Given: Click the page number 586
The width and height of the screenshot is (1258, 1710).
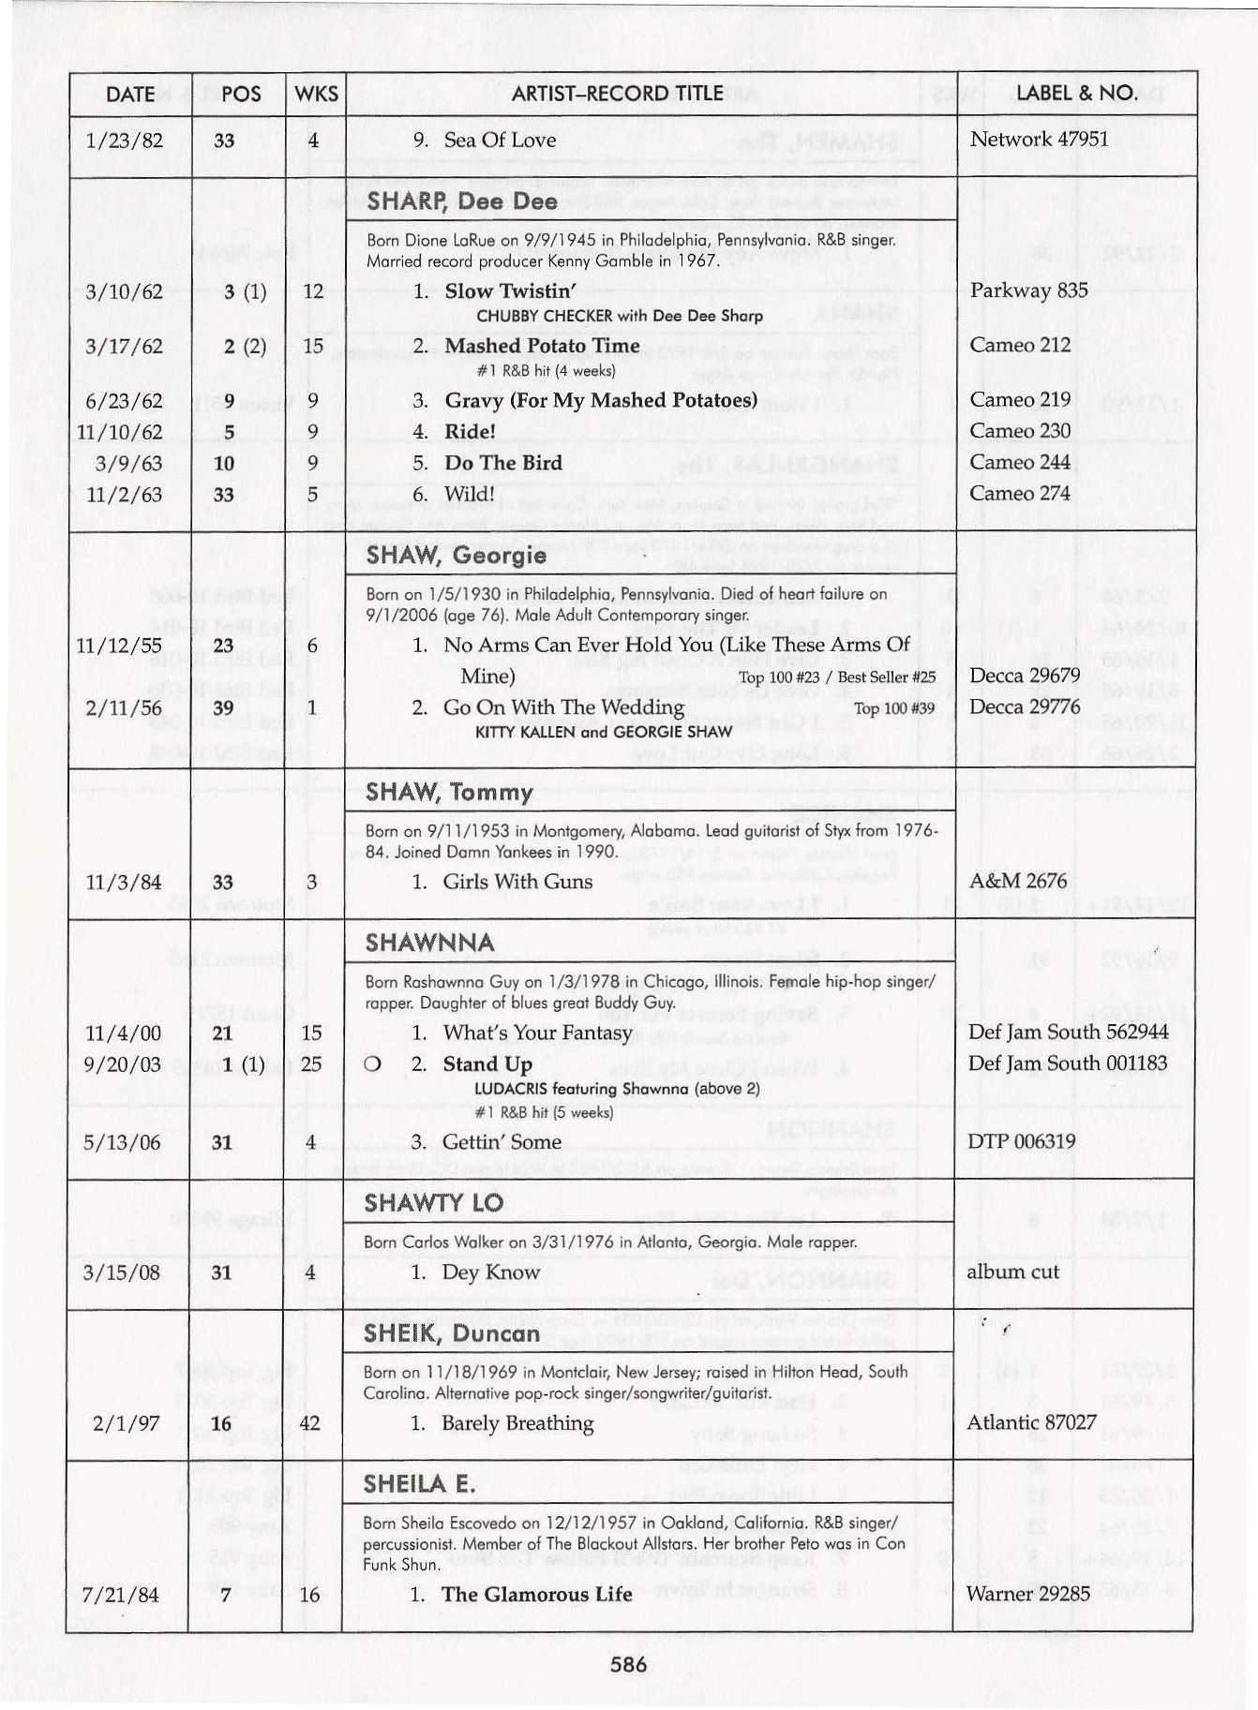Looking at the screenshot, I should coord(628,1664).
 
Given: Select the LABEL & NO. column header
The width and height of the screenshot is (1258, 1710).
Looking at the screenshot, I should coord(1076,94).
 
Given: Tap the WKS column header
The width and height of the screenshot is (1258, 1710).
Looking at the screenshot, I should coord(316,94).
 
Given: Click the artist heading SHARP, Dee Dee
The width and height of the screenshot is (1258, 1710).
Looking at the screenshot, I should coord(461,201).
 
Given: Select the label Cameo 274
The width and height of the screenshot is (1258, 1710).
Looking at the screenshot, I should coord(1020,494).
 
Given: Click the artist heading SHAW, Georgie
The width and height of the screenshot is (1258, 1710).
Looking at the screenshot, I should coord(456,556).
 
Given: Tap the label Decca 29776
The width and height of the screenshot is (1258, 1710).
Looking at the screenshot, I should coord(1025,706).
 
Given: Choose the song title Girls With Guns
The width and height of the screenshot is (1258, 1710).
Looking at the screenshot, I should coord(517,882).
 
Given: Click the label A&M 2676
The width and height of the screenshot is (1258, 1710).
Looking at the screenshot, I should coord(1018,881).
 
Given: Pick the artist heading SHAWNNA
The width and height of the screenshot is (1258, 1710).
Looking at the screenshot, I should coord(429,943).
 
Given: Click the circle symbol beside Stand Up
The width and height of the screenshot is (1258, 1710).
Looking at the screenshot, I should coord(372,1064).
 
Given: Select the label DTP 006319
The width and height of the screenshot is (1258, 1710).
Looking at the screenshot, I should coord(1021,1141).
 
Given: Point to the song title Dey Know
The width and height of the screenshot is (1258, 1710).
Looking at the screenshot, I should coord(491,1272).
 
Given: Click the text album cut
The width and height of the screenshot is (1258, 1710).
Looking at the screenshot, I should coord(1012,1271).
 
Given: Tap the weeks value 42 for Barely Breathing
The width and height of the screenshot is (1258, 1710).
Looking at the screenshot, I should coord(309,1423).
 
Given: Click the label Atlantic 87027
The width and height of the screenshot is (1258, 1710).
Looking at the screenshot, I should coord(1031,1422).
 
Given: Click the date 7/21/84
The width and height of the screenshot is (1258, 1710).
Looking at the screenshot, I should coord(120,1595).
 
